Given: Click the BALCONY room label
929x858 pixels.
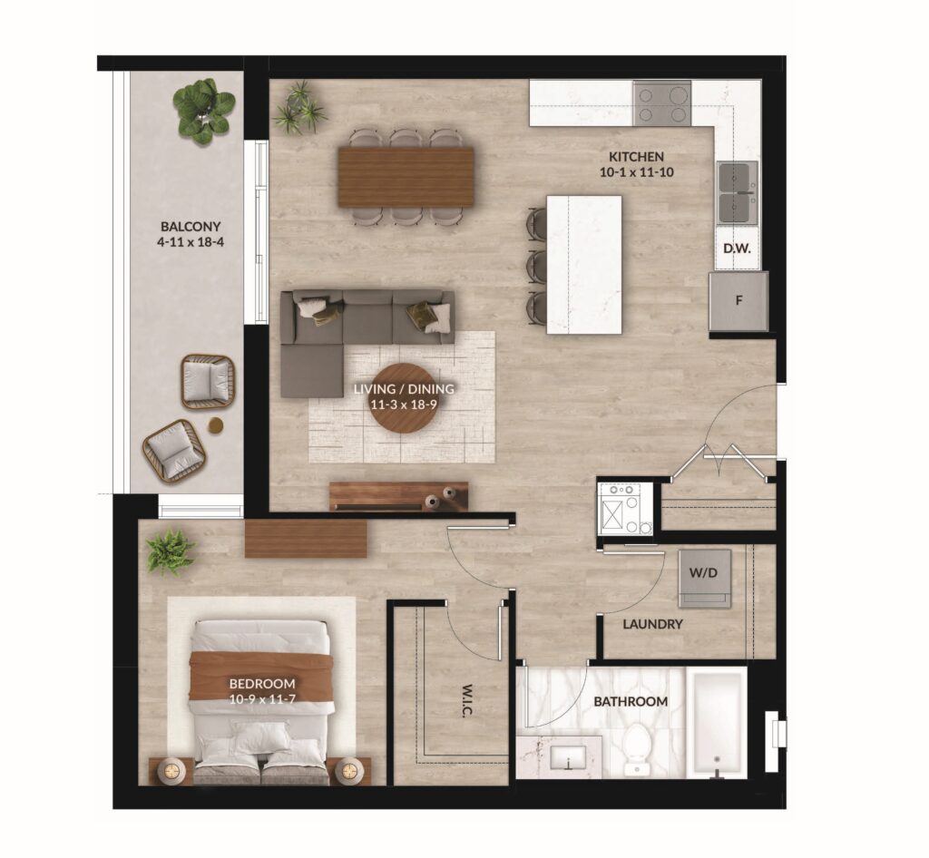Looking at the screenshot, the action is (x=191, y=226).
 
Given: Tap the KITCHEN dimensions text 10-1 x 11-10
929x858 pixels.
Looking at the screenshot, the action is (x=637, y=173).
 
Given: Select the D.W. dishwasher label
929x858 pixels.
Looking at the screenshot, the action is (x=737, y=249).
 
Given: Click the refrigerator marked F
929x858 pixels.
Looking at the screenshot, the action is (x=738, y=301).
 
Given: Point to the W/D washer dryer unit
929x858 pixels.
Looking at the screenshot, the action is (x=704, y=579).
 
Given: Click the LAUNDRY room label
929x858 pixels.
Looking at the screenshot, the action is (x=652, y=624).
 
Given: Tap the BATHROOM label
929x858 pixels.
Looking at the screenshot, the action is (x=631, y=702).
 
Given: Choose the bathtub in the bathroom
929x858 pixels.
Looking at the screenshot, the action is (x=717, y=723).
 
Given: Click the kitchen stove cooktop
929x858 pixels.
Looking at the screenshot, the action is (x=661, y=103).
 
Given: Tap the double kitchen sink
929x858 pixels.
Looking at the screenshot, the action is (x=738, y=192).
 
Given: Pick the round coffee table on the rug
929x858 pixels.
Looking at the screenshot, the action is (x=405, y=399).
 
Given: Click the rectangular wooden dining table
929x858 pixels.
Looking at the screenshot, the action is (x=406, y=177).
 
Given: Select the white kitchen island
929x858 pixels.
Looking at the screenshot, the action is (x=584, y=265).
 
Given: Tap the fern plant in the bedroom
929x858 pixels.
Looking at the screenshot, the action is (x=171, y=551).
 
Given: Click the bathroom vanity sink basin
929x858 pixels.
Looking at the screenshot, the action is (x=568, y=757).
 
